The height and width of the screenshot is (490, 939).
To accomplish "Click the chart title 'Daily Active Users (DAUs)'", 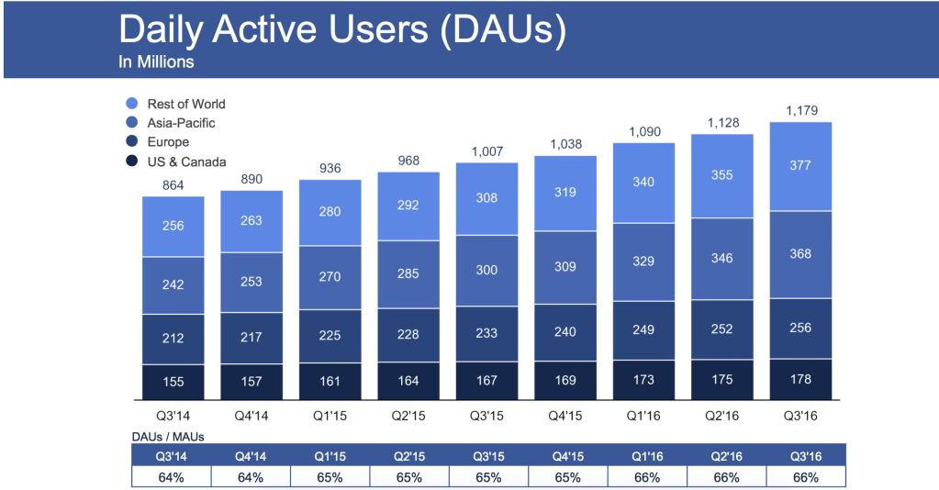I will (x=342, y=30).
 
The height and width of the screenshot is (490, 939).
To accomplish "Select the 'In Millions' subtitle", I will (x=156, y=63).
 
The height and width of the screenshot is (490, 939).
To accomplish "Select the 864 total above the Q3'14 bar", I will (x=173, y=184).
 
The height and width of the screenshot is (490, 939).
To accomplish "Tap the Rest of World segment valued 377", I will (x=800, y=166).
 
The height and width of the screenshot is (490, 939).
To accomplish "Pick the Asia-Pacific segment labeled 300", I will (x=486, y=271).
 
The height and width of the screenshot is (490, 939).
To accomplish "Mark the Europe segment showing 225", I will (x=330, y=334).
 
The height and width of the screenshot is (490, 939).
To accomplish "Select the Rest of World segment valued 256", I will (x=173, y=226).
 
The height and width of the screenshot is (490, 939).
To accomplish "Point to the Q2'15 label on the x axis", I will (x=408, y=416).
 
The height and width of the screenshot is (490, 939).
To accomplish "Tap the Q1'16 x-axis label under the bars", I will (x=643, y=416).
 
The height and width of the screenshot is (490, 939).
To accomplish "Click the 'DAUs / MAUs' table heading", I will (x=168, y=437).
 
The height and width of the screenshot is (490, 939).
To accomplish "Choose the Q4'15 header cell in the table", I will (x=565, y=455).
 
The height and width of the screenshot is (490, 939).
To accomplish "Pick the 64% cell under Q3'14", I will (x=173, y=476).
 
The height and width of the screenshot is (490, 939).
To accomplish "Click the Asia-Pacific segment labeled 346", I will (x=722, y=259).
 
